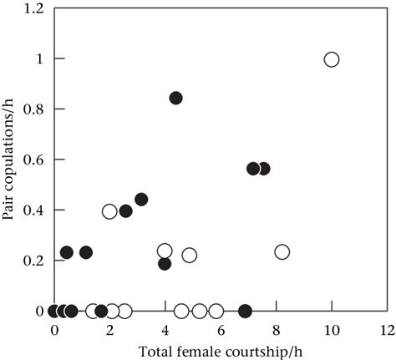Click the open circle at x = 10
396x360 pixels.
(332, 59)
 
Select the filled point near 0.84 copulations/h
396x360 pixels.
(175, 98)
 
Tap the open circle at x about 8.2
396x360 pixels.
(282, 251)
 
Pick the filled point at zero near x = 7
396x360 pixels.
(245, 311)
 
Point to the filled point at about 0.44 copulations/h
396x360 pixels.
(141, 199)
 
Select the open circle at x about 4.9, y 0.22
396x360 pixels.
(190, 255)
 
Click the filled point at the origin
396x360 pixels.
(54, 311)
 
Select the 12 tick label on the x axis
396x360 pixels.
(386, 329)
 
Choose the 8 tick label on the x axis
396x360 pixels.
(277, 329)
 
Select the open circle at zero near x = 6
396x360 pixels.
(216, 311)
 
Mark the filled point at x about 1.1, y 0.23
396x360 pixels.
(85, 251)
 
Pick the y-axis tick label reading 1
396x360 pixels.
(40, 59)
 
